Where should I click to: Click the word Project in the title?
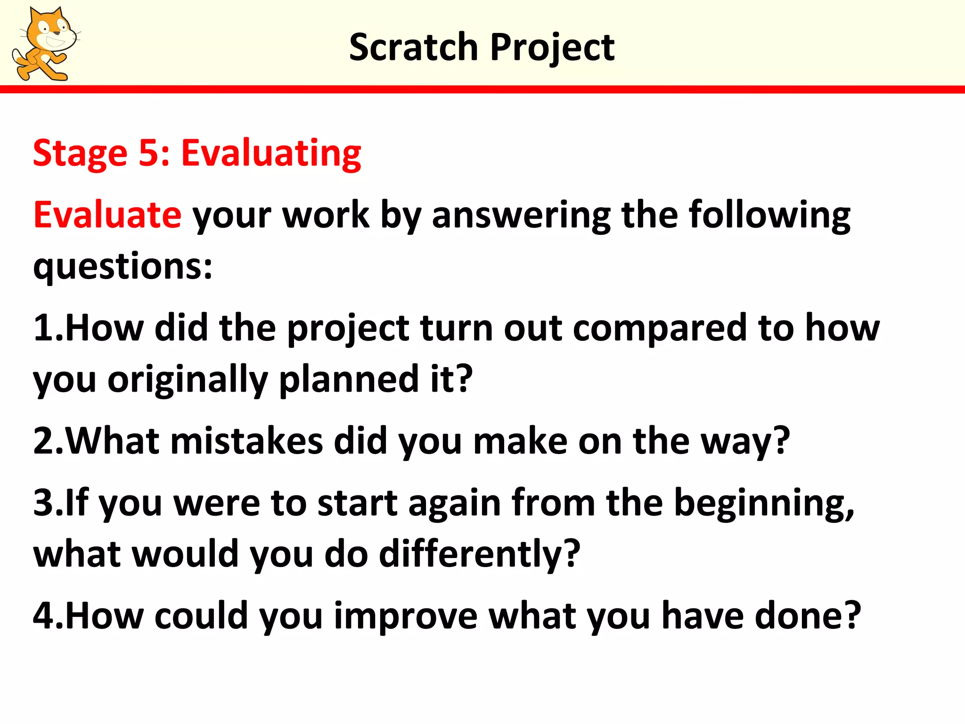pos(552,48)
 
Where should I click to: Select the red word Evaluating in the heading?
pos(271,154)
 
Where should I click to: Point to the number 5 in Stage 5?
pos(148,154)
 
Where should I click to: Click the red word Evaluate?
pos(107,215)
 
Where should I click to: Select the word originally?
pos(188,380)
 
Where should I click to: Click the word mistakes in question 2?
pos(246,441)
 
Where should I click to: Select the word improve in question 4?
pos(406,617)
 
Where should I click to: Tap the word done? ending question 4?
pos(808,616)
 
